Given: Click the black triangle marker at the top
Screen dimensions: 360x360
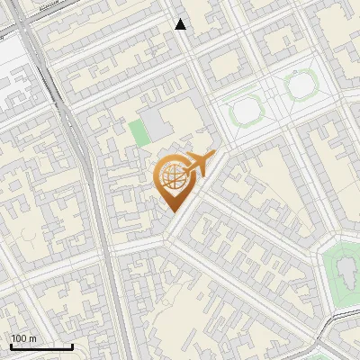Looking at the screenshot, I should [181, 24].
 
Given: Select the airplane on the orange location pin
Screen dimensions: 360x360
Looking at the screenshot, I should [197, 164].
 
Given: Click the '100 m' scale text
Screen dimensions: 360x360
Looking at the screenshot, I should [24, 337].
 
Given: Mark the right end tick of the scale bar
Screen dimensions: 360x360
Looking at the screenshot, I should [73, 346].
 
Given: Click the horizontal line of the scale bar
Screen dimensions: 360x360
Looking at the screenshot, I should [40, 347].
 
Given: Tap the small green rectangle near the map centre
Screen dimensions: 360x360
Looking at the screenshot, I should [138, 132].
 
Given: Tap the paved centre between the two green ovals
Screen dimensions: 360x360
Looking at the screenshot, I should [272, 99].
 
